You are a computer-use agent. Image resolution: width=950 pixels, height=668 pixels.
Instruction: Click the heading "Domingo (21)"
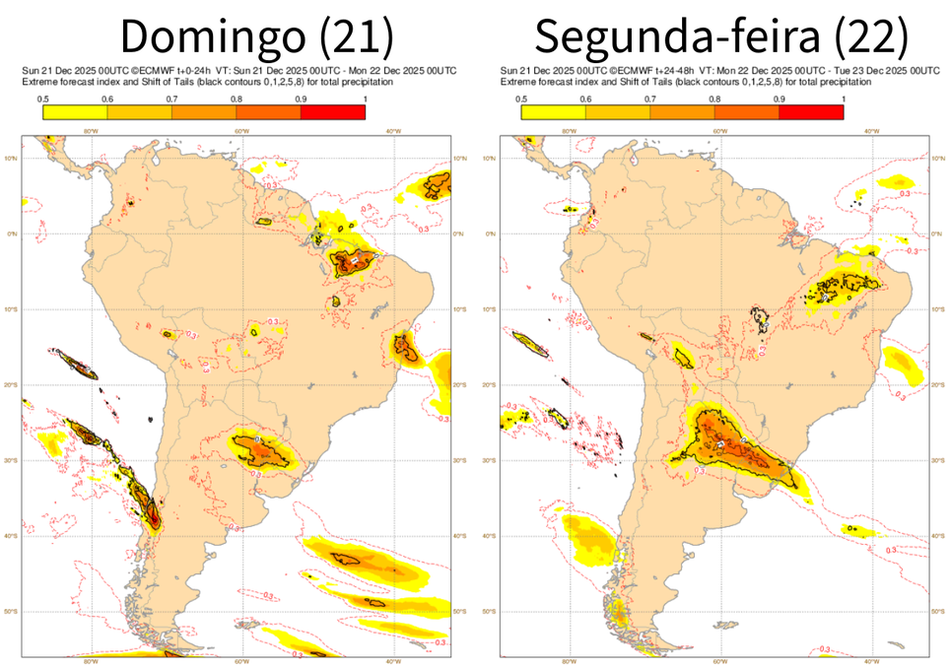pos(257,37)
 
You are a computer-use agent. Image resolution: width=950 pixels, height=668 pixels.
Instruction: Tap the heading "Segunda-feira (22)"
pos(720,37)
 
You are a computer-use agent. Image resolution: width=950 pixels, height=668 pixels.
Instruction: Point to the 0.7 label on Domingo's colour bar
pos(171,100)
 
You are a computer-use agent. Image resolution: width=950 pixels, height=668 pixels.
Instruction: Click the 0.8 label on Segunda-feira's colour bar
pos(714,100)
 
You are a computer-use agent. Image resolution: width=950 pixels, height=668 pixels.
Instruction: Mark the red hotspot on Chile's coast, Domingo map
pos(152,513)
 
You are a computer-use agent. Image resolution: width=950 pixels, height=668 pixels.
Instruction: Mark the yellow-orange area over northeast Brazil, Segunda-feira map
pos(843,290)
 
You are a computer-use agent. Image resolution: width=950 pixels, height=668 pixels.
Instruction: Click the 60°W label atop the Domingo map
pos(241,131)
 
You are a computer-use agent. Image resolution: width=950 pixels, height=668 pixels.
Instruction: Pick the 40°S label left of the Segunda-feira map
pos(489,536)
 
